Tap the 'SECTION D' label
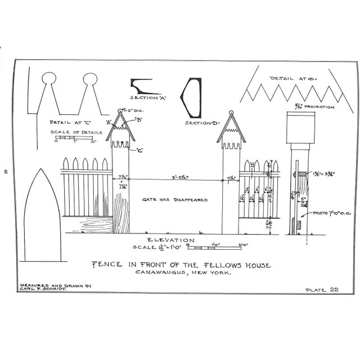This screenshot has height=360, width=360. pos(201,122)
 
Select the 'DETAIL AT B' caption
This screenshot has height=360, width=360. pos(294,78)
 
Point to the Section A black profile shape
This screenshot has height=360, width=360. pos(148,87)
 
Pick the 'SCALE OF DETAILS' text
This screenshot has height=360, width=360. pos(71,132)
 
